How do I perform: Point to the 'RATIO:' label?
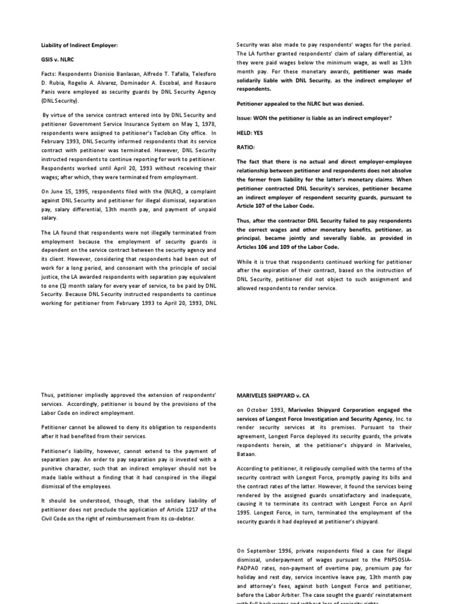click(246, 147)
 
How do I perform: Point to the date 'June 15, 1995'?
click(67, 191)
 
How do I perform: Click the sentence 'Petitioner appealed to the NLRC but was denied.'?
click(300, 104)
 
